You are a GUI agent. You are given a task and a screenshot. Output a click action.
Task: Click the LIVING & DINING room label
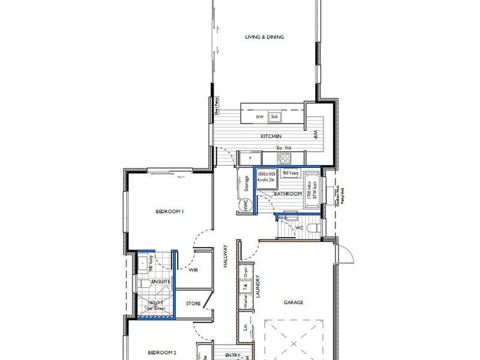pos(264,37)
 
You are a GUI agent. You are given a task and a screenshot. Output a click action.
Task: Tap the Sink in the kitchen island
pos(274,116)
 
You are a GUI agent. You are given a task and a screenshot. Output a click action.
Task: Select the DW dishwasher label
pos(260,116)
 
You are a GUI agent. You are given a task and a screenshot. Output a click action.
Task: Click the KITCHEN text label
pos(271,137)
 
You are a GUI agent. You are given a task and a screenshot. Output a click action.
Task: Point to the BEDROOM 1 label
pos(169,212)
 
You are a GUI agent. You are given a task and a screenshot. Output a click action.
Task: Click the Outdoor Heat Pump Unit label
pos(340,195)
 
